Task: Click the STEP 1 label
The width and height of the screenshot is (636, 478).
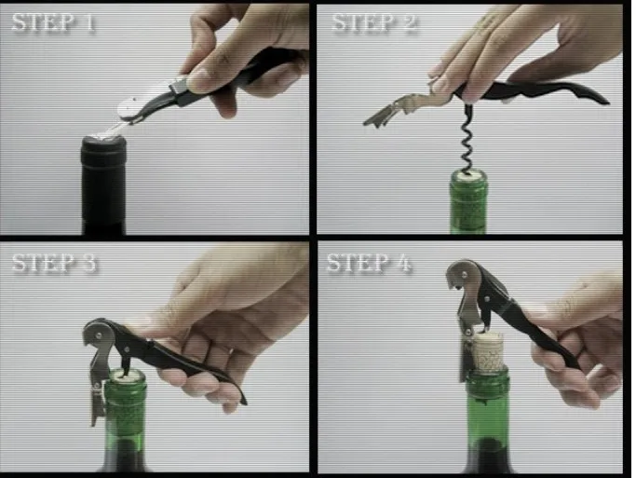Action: point(53,23)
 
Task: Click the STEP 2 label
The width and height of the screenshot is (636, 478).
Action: point(374,23)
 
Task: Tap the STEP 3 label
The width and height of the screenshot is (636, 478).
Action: point(54,264)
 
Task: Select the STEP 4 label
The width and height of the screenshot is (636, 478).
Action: point(369,264)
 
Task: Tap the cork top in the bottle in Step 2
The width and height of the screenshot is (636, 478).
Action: point(468,174)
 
